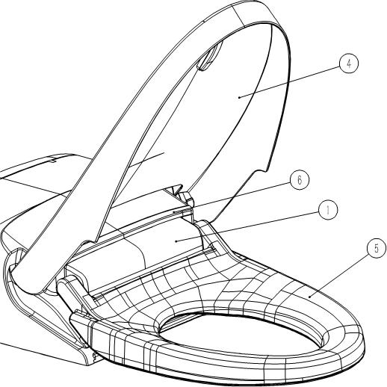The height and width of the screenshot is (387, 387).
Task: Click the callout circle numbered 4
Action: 349,64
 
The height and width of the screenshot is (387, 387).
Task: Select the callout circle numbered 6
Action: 300,180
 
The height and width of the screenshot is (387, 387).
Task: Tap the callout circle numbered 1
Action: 328,211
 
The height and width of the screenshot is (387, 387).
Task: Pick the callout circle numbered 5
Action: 377,249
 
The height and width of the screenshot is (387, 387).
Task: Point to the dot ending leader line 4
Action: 239,97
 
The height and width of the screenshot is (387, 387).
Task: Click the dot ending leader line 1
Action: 176,241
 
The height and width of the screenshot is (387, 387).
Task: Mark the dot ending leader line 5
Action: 309,297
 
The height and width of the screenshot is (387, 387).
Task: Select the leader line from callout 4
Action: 289,82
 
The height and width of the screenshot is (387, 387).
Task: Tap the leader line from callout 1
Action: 247,226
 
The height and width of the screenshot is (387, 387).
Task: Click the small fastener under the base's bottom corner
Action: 95,357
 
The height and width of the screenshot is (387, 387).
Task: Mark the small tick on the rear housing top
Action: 53,161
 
